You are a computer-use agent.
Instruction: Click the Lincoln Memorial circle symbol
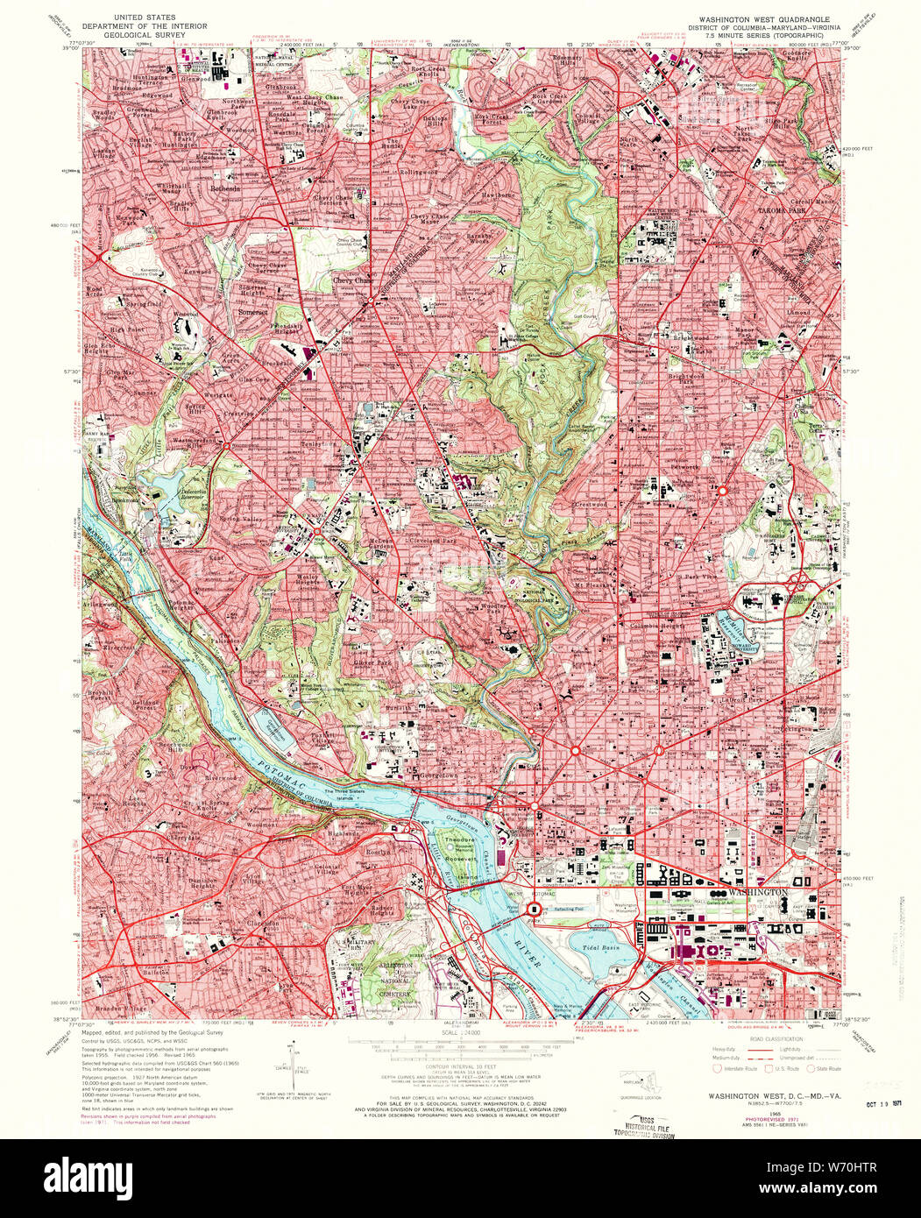click(x=533, y=911)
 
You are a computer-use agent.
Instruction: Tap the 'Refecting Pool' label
click(x=586, y=910)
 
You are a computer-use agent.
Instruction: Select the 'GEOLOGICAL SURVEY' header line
click(x=129, y=34)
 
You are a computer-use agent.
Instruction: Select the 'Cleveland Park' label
click(x=438, y=543)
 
